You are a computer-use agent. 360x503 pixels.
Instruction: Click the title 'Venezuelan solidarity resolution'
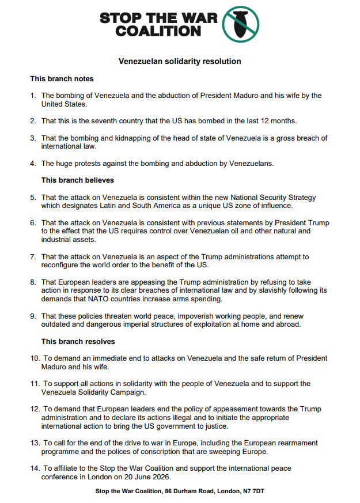180,61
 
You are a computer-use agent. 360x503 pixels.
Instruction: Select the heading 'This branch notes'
62,79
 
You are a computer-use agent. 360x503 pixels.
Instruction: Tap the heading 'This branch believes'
78,180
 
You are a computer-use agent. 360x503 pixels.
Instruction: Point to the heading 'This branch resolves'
78,341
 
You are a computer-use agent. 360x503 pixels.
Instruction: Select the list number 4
33,163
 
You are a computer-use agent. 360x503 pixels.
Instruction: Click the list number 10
35,358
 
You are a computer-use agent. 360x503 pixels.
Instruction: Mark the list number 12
35,409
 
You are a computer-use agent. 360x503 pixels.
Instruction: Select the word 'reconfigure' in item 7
62,264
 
